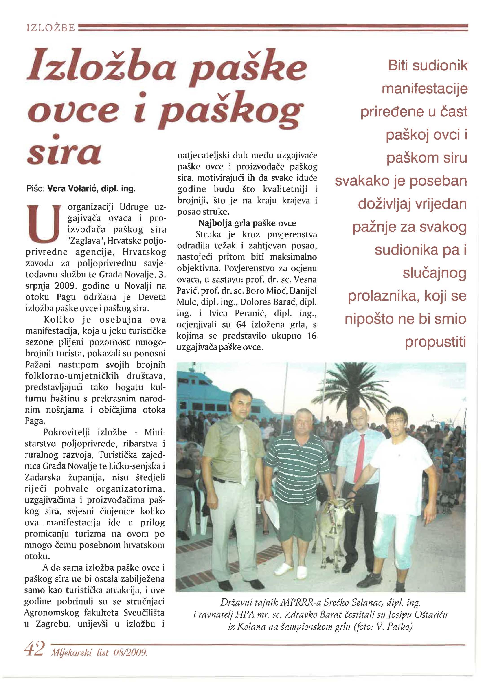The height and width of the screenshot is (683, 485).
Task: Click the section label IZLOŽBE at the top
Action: click(x=50, y=28)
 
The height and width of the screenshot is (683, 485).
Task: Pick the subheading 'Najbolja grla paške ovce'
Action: click(x=247, y=223)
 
